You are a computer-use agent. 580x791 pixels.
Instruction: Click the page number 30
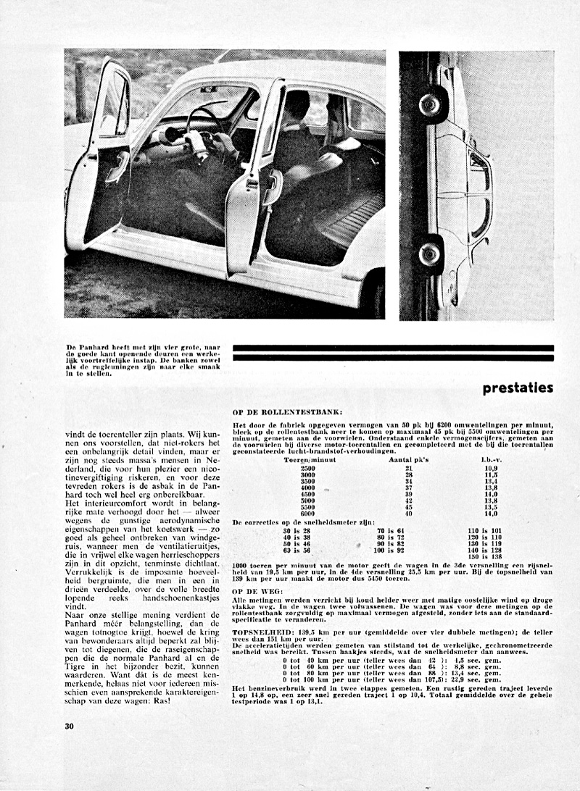[70, 726]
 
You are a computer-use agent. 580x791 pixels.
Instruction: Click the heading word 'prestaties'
[518, 388]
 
